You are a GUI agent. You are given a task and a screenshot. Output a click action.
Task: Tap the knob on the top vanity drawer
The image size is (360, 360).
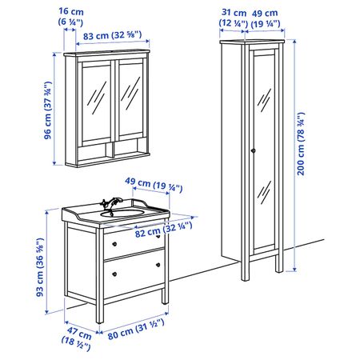click(x=114, y=242)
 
